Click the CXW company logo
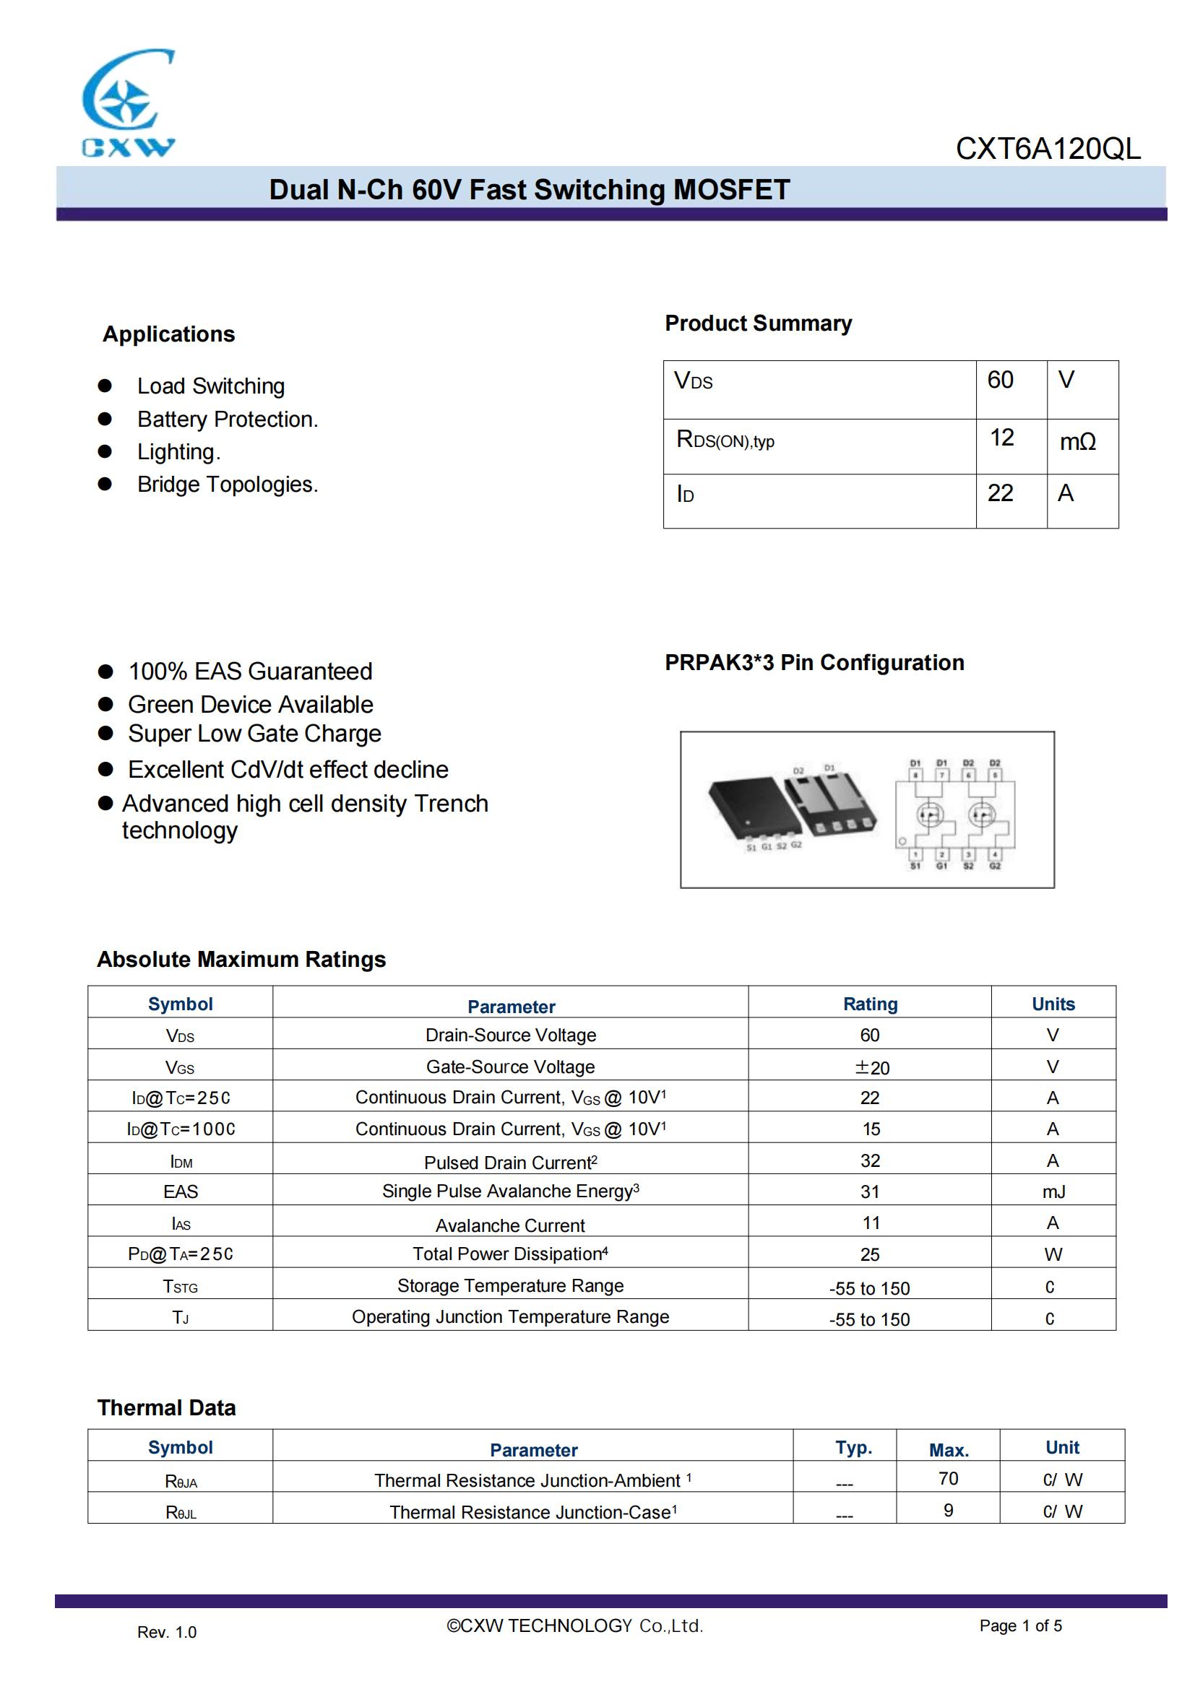[x=128, y=103]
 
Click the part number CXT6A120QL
[x=1048, y=149]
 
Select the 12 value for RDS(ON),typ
[x=1001, y=438]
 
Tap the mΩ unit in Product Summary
[x=1077, y=441]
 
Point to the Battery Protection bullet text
[x=228, y=420]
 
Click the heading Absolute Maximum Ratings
[x=241, y=959]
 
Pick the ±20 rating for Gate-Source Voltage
[x=871, y=1067]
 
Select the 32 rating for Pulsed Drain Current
[x=870, y=1161]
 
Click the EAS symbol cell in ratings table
[x=181, y=1191]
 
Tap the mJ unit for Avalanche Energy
[x=1053, y=1191]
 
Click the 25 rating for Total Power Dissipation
[x=870, y=1254]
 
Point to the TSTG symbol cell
[x=181, y=1287]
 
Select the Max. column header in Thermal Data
[x=948, y=1450]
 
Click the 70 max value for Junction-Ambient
[x=948, y=1479]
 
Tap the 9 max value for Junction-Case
[x=948, y=1510]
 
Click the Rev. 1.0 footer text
[x=166, y=1633]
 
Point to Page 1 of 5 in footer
[x=1020, y=1625]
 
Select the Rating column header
[x=870, y=1004]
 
